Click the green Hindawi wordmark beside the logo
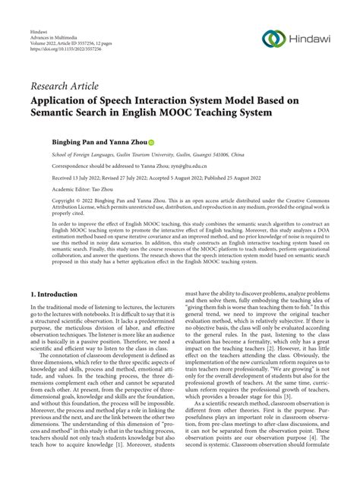click(312, 38)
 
